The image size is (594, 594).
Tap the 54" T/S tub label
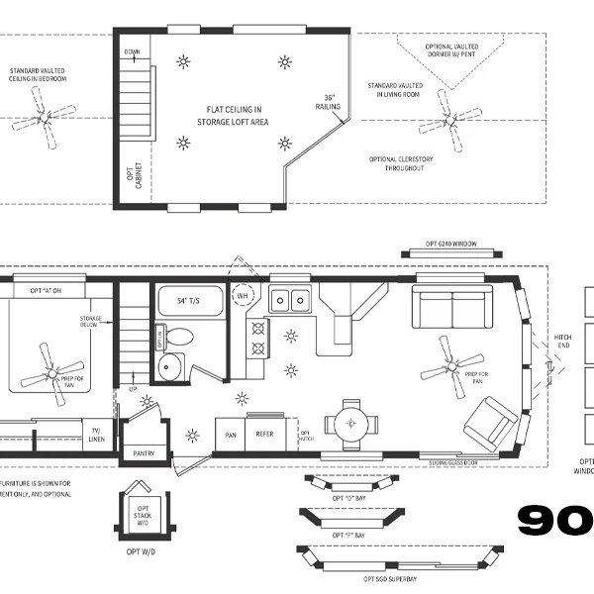click(189, 300)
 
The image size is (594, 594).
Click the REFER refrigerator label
click(264, 434)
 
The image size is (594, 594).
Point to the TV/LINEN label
click(96, 435)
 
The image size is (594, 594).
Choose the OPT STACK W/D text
click(141, 514)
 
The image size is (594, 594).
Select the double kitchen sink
click(289, 298)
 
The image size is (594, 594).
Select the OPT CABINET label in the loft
click(133, 177)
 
